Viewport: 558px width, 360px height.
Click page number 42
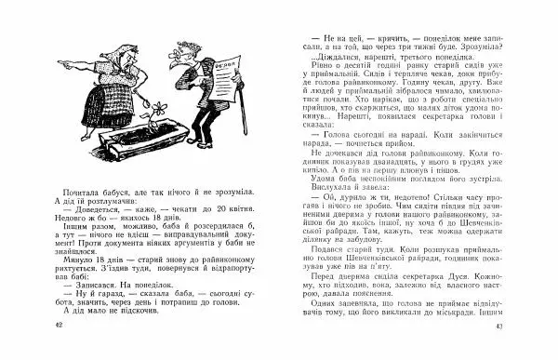(59, 349)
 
